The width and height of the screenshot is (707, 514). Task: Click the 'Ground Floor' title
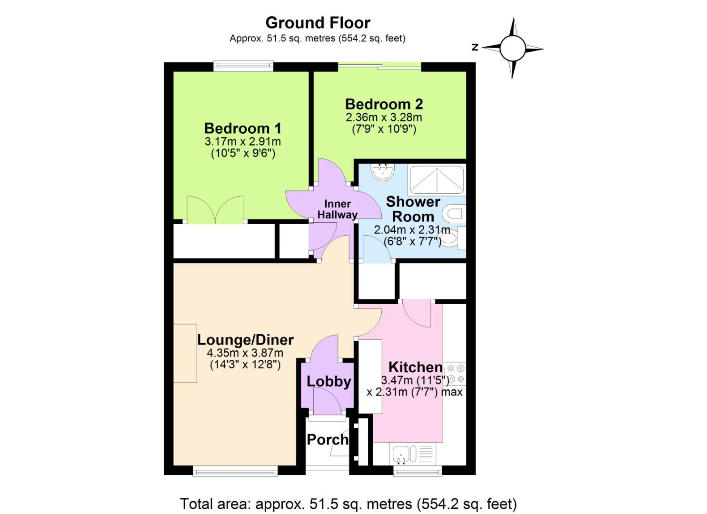click(x=318, y=22)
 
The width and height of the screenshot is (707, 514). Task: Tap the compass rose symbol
click(x=512, y=48)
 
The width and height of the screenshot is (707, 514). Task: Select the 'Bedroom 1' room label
click(x=242, y=128)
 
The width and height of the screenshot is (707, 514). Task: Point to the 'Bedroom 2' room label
click(x=384, y=104)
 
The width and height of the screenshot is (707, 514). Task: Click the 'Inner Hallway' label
click(x=337, y=209)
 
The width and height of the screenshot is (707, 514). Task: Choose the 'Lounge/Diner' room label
click(x=245, y=340)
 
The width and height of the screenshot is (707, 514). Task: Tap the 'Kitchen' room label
click(x=415, y=367)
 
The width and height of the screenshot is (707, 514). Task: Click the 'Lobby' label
click(x=329, y=381)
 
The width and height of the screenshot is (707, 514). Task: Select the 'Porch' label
click(x=327, y=440)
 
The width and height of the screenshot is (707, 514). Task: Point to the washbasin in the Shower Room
click(x=383, y=172)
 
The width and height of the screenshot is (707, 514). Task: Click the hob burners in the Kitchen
click(x=455, y=374)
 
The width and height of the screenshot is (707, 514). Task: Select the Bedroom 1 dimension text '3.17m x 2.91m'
click(x=242, y=141)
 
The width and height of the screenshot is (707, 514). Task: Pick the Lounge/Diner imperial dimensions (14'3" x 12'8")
click(x=245, y=365)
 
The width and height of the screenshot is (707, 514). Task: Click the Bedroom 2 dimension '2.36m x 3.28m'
click(x=384, y=117)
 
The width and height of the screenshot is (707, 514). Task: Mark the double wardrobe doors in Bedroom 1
click(x=216, y=210)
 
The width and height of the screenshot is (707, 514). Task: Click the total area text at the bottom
click(x=348, y=504)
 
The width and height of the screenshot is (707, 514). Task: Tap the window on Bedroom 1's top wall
click(x=243, y=67)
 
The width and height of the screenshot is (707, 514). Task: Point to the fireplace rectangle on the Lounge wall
click(x=185, y=353)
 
